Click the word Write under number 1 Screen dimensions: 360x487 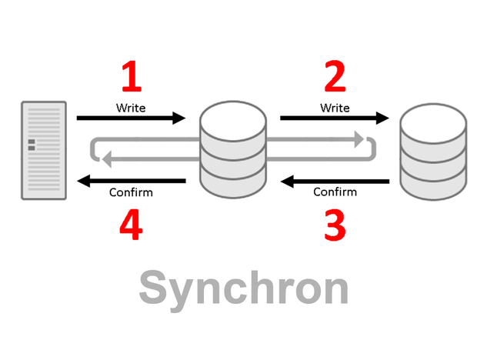pyautogui.click(x=132, y=107)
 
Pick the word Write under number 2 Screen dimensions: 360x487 pyautogui.click(x=334, y=107)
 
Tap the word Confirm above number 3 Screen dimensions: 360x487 pyautogui.click(x=335, y=192)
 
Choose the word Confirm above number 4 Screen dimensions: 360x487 pyautogui.click(x=132, y=192)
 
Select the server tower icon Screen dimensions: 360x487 pyautogui.click(x=42, y=151)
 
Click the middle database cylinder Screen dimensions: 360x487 pyautogui.click(x=232, y=150)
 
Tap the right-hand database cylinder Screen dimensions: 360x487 pyautogui.click(x=434, y=150)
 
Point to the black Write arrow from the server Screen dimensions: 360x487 pyautogui.click(x=131, y=118)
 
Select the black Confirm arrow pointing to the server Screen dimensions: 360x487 pyautogui.click(x=131, y=181)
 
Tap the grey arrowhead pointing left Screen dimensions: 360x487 pyautogui.click(x=108, y=160)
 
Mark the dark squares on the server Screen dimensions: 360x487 pyautogui.click(x=32, y=145)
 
